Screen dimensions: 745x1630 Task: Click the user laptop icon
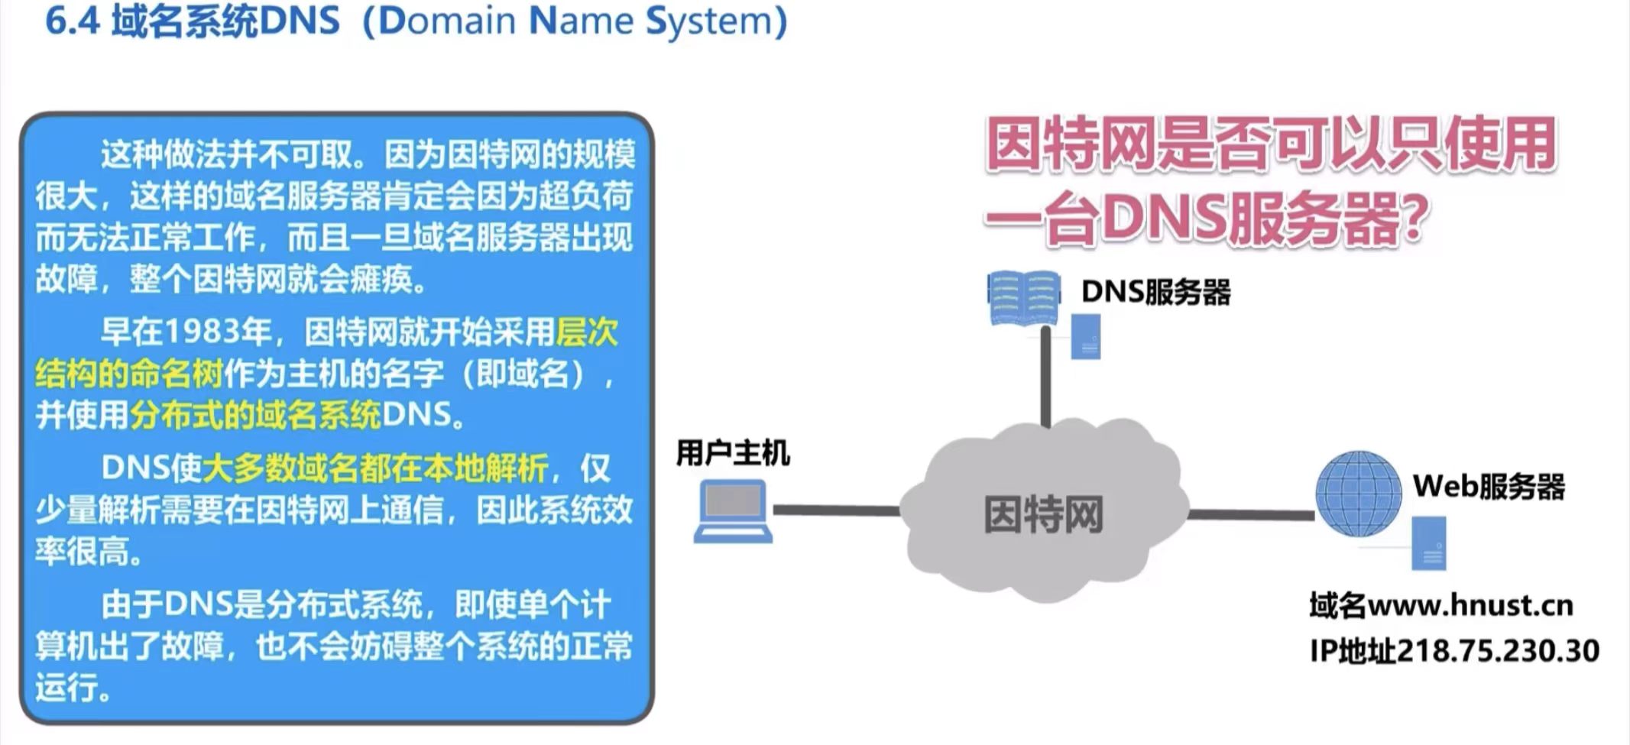click(732, 510)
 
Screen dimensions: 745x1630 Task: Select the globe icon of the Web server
click(1358, 494)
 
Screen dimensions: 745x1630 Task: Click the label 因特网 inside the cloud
click(1043, 514)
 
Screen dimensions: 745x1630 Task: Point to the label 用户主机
click(732, 453)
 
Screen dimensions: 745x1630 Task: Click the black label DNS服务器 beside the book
click(1155, 292)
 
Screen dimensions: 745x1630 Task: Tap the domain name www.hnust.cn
click(1470, 606)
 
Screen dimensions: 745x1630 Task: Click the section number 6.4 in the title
click(73, 21)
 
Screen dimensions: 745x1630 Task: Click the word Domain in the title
click(448, 21)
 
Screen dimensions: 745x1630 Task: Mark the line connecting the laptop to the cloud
click(836, 510)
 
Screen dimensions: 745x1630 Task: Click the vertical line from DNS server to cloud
click(1045, 376)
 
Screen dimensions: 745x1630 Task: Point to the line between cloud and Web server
click(1250, 515)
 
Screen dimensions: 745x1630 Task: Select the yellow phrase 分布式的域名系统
click(254, 415)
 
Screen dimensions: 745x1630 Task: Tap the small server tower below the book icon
click(1085, 337)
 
